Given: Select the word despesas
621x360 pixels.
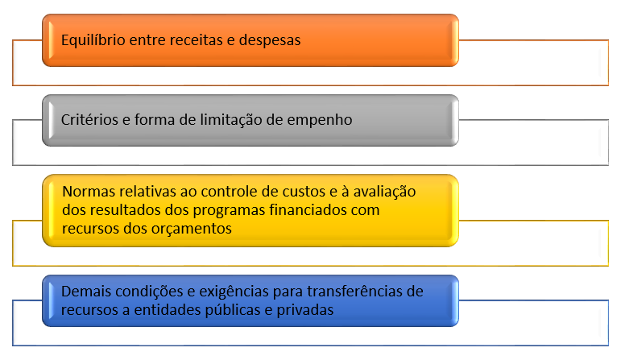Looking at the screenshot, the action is tap(270, 40).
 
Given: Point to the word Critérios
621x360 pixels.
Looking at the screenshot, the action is tap(89, 120).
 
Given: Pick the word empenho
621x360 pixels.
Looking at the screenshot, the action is tap(320, 120).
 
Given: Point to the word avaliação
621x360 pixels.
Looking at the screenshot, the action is tap(384, 192).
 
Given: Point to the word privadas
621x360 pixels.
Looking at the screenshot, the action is tap(305, 310).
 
